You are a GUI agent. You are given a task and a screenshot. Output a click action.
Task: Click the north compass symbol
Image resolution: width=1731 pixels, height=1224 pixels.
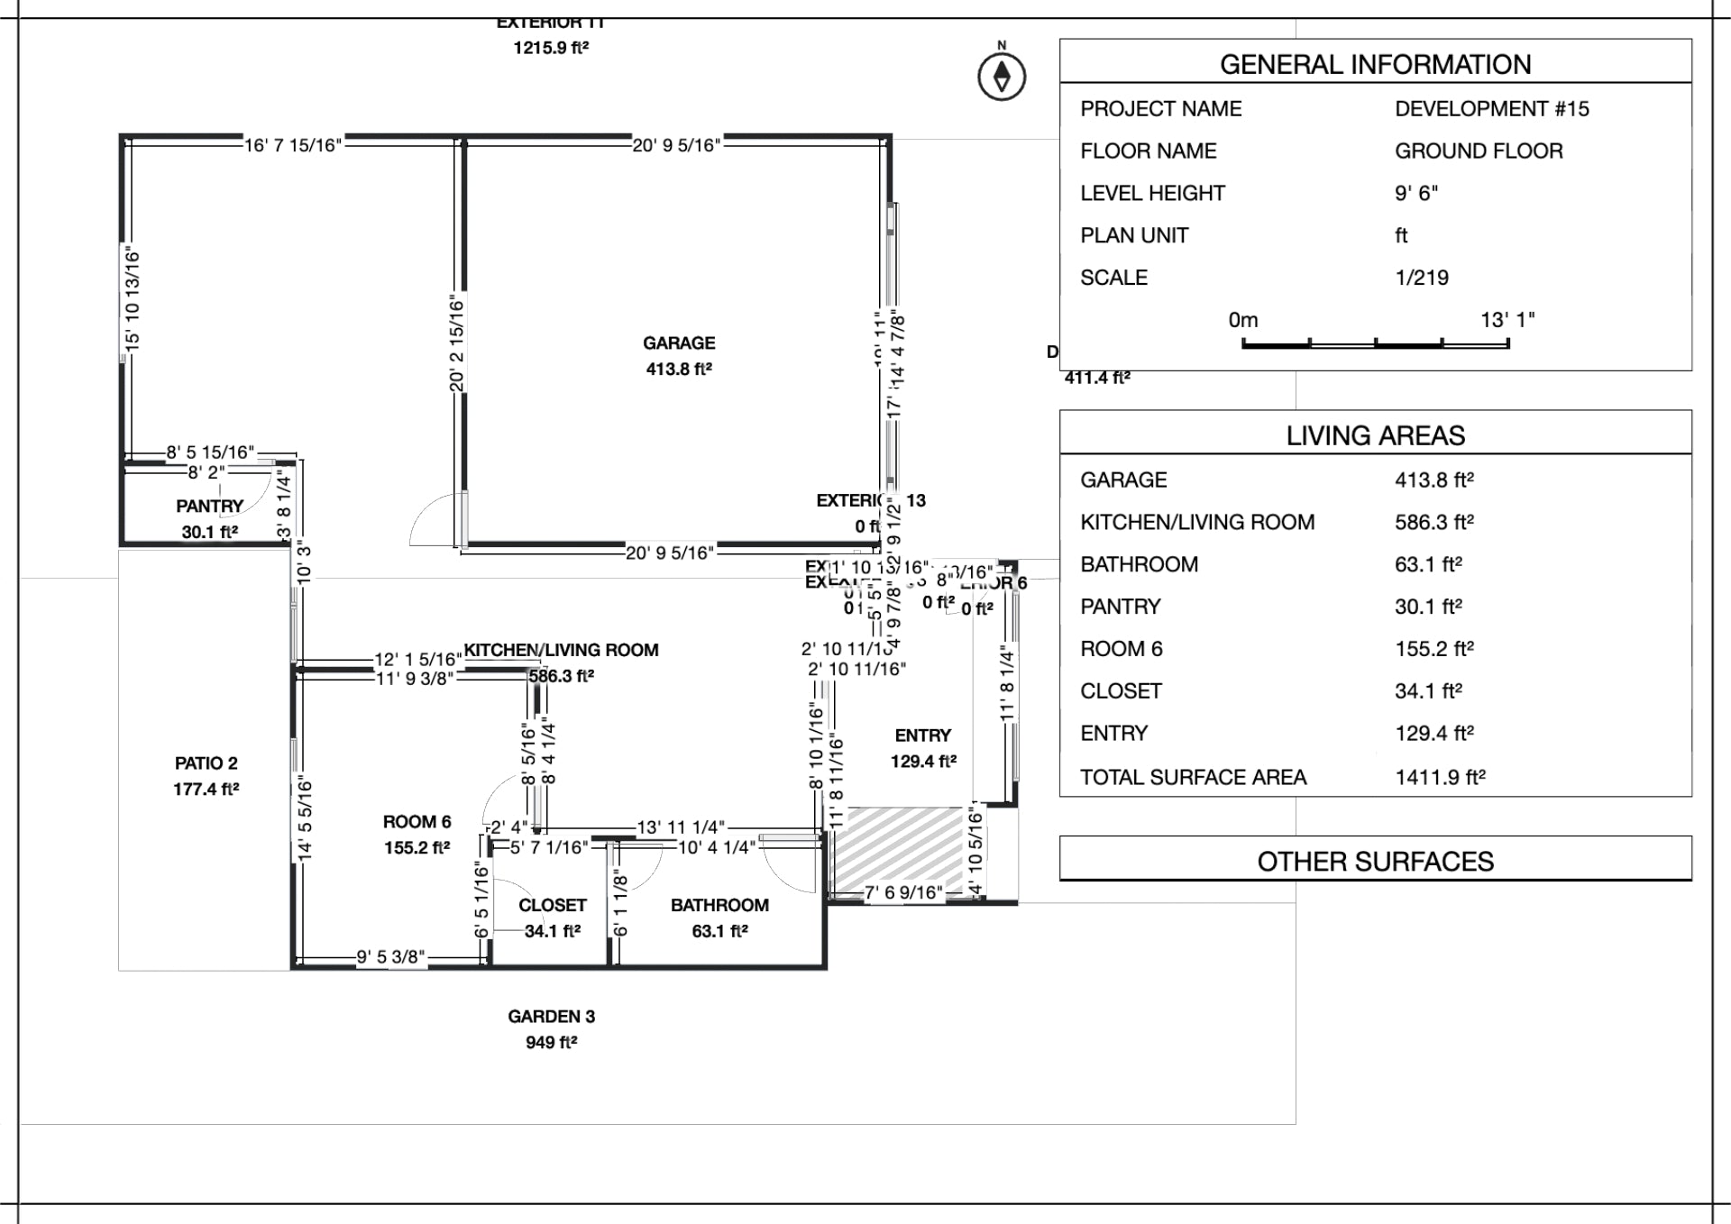1002,77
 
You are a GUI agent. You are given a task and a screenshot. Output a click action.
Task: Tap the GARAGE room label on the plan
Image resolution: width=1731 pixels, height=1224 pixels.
679,343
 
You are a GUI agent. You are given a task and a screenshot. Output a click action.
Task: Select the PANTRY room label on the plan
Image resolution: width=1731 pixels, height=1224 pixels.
209,507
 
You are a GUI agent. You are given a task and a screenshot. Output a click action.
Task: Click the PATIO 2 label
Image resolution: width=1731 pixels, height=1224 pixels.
206,763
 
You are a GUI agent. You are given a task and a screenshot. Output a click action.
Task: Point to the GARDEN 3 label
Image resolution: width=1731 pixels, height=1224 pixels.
551,1017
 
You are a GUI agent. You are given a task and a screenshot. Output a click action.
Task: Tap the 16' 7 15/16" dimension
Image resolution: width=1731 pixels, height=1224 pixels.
292,145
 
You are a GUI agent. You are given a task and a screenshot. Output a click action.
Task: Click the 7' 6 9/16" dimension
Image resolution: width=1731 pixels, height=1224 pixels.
902,893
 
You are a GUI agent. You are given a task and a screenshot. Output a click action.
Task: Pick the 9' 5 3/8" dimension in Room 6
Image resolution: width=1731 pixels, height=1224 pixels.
389,957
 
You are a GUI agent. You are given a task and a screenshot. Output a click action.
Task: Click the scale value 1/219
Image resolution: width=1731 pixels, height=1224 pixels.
1422,278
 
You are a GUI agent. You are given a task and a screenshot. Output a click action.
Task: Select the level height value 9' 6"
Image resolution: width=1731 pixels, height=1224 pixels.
1416,193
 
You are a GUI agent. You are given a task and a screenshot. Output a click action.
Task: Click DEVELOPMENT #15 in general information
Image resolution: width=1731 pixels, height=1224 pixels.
1491,109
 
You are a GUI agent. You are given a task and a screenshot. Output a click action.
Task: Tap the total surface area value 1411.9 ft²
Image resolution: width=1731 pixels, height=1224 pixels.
1440,777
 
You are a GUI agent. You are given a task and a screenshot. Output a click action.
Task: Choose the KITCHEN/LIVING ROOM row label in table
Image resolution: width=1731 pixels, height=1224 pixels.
1197,522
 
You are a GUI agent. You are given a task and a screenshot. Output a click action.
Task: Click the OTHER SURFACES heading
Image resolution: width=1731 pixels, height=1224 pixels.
1375,862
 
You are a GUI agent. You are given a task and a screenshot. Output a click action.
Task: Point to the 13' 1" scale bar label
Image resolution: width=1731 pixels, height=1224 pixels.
1507,320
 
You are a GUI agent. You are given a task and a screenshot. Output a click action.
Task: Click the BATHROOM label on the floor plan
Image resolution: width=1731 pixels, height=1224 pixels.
719,906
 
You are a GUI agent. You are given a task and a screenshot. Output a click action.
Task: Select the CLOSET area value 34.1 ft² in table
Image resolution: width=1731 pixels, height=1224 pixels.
1428,691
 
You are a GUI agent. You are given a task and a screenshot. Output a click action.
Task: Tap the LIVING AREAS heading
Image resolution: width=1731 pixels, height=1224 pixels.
1375,436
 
